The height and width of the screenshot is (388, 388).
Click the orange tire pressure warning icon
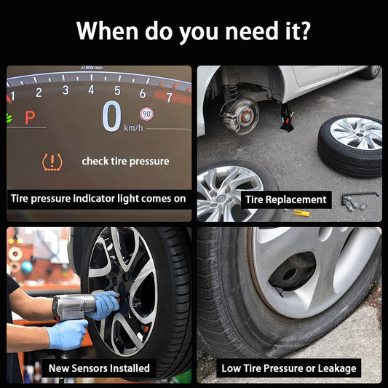pos(52,162)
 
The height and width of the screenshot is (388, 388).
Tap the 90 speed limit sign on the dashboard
pos(147,114)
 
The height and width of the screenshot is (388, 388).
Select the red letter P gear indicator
pos(30,118)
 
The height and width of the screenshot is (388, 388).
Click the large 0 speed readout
pos(112,116)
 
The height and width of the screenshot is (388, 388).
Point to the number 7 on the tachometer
pos(170,98)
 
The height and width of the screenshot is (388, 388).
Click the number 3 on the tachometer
pos(66,90)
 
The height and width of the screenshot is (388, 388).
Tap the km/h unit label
pos(133,127)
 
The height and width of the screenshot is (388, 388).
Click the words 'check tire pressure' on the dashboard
pos(125,162)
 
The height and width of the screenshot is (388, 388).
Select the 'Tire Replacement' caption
pos(286,199)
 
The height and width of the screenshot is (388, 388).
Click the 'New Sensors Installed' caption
pos(99,368)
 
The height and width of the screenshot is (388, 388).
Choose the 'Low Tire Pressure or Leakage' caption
pos(289,368)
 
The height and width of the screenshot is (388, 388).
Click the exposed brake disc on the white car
pos(240,116)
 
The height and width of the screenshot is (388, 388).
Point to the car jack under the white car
pos(287,117)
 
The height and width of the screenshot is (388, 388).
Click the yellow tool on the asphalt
pos(301,213)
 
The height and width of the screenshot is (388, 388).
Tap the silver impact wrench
pos(74,307)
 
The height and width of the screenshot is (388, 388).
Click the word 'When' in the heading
pos(107,31)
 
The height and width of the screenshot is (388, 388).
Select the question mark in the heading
pos(304,31)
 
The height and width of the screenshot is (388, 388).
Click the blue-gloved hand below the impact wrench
pos(67,334)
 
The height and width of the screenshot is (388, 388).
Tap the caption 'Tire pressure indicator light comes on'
pos(98,199)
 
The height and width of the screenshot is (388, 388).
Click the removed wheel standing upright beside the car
pos(351,146)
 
